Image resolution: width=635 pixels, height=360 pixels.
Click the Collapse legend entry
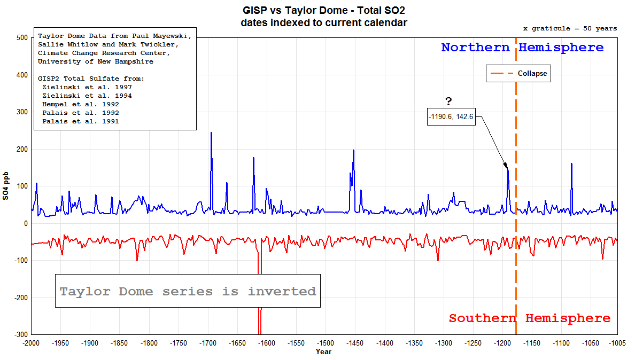point(518,74)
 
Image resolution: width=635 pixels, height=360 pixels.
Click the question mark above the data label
point(448,102)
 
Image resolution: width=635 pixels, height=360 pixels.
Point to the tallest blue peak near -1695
point(211,133)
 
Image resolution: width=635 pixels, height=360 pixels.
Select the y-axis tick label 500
point(21,38)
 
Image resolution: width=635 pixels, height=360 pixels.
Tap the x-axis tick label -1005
point(617,343)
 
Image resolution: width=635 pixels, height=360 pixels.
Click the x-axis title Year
point(323,351)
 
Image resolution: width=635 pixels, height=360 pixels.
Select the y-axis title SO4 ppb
point(6,186)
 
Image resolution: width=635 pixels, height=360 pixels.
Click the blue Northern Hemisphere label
point(522,48)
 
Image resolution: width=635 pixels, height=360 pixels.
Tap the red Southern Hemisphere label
point(529,318)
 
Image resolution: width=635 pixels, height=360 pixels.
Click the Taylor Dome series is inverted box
point(188,291)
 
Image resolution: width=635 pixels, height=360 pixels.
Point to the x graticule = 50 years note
point(570,28)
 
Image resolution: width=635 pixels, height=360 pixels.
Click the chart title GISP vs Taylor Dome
point(324,10)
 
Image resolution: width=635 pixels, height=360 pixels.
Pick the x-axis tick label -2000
point(31,343)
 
